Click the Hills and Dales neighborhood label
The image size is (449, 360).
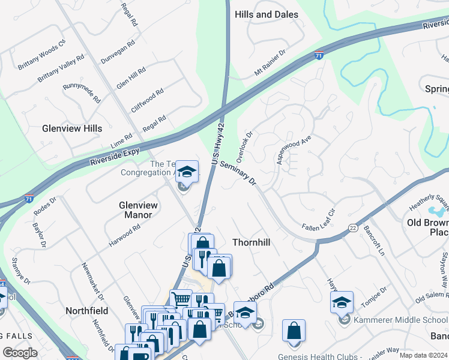267,14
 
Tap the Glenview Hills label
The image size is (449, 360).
72,128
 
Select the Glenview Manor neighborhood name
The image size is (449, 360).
138,209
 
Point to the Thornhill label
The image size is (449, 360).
252,242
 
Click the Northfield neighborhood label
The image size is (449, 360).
86,311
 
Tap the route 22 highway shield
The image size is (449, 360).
353,228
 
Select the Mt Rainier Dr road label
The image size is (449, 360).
271,63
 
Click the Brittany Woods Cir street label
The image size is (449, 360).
41,56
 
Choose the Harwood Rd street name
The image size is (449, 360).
124,236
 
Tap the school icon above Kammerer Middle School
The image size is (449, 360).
342,302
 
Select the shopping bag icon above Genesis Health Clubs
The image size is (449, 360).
294,331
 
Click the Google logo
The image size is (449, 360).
20,353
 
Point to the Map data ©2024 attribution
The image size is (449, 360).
423,355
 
